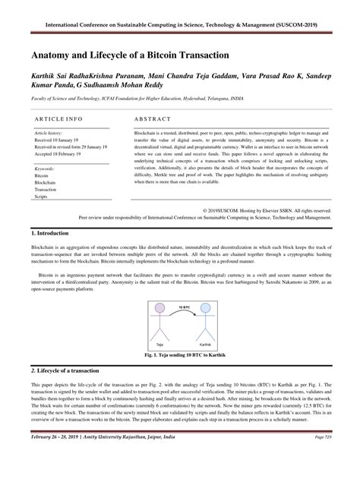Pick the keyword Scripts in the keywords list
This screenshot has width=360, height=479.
click(40, 197)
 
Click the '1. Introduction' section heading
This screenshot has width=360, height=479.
click(50, 233)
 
